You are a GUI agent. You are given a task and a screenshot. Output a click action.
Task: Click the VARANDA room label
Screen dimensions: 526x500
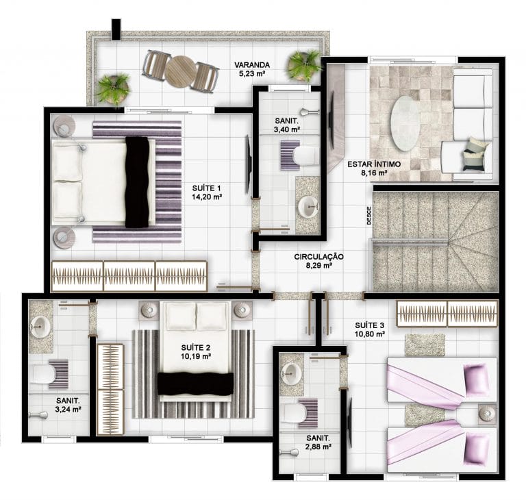coord(251,65)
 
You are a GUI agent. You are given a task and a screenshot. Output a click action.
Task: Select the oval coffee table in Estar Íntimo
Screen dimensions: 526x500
coord(405,123)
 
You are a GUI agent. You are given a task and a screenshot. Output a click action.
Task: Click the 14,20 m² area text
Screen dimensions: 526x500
coord(207,197)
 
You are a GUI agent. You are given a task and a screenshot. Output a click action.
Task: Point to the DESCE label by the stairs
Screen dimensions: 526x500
coord(369,216)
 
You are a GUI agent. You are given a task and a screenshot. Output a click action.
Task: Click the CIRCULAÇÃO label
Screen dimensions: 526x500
coord(318,257)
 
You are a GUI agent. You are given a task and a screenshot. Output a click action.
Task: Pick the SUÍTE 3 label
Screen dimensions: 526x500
coord(370,325)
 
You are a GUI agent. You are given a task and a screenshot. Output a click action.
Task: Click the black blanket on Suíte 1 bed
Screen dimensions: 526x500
coord(137,182)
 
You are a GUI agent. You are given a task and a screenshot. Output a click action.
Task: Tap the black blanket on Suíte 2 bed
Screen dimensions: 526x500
coord(196,384)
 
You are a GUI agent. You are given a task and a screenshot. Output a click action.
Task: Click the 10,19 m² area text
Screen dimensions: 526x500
coord(196,356)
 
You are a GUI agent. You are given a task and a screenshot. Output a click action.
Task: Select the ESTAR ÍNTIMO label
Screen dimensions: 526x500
coord(374,164)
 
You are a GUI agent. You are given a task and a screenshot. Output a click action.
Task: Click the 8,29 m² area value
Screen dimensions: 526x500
coord(318,266)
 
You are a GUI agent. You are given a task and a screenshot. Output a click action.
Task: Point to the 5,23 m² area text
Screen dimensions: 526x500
coord(251,74)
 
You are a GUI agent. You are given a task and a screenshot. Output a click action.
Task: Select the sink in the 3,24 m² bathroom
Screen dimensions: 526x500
coord(40,325)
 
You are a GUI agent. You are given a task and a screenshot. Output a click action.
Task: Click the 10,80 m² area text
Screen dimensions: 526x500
coord(370,334)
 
